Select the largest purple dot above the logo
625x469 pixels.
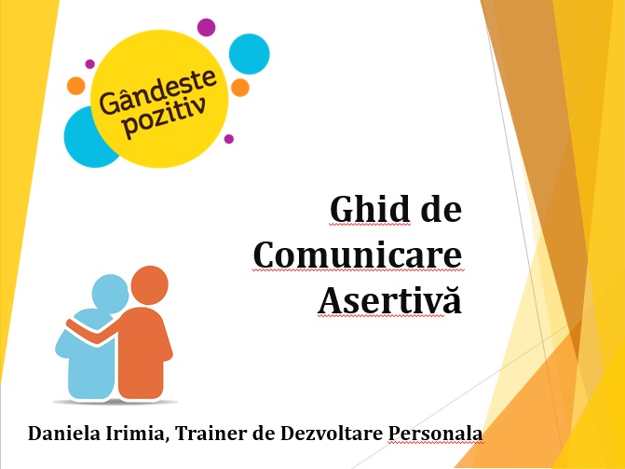point(206,27)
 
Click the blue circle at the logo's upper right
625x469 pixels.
point(249,54)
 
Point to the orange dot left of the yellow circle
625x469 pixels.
point(75,86)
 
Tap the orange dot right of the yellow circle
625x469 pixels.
point(240,88)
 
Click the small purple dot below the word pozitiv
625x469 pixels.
point(229,139)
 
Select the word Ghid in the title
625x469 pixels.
point(370,209)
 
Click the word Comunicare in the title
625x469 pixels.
point(358,255)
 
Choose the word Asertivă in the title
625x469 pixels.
point(390,299)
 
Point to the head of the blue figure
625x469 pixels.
point(110,294)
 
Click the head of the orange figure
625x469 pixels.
point(149,285)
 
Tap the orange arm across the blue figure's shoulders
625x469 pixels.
point(96,332)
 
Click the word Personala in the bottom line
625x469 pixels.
point(435,433)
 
